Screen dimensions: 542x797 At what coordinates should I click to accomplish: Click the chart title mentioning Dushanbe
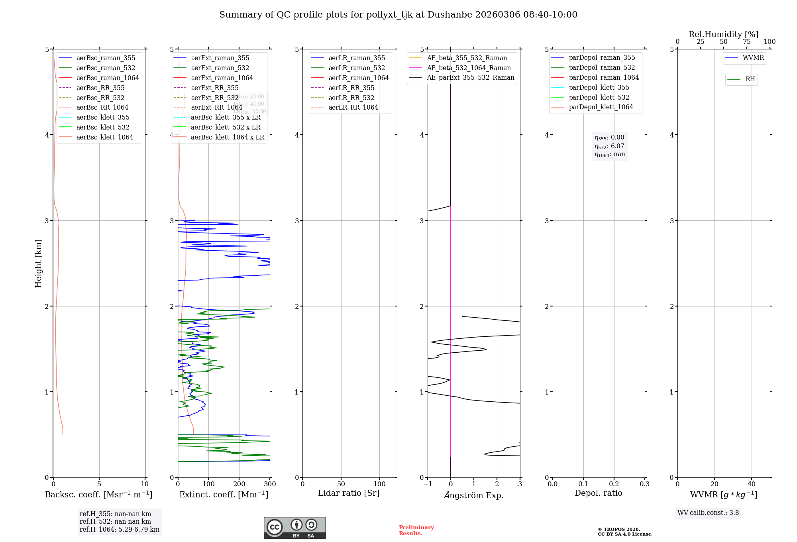tap(398, 15)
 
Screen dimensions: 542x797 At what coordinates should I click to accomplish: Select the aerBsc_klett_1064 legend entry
tap(104, 137)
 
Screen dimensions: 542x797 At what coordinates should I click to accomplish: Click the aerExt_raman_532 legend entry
tap(220, 68)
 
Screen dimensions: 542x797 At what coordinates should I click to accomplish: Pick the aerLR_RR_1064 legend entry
tap(353, 107)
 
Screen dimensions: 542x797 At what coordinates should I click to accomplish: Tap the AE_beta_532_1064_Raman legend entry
tap(469, 68)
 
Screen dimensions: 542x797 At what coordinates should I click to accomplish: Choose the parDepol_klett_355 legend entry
tap(599, 87)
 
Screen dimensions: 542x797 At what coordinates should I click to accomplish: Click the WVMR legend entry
tap(753, 58)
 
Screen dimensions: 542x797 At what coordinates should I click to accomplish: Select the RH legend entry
tap(750, 79)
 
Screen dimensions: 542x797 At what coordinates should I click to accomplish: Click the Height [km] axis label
tap(38, 263)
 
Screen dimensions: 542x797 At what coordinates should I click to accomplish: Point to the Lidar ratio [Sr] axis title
tap(349, 493)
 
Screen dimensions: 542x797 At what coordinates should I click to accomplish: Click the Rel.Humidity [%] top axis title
tap(723, 34)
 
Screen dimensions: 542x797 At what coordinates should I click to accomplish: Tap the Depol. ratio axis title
tap(598, 493)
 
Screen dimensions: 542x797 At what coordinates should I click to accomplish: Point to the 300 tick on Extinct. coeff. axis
tap(270, 484)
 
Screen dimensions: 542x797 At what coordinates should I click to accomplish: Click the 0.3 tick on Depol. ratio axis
tap(644, 484)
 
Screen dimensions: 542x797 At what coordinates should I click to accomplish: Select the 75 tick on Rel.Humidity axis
tap(746, 42)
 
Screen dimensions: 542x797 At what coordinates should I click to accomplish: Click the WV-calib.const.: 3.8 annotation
tap(708, 513)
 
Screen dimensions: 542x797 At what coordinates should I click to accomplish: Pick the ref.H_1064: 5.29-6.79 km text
tap(119, 530)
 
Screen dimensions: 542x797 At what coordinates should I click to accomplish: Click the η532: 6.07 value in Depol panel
tap(609, 146)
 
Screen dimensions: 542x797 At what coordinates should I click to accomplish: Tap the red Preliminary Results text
tap(416, 530)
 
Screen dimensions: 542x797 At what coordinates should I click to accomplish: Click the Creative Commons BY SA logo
tap(294, 528)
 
